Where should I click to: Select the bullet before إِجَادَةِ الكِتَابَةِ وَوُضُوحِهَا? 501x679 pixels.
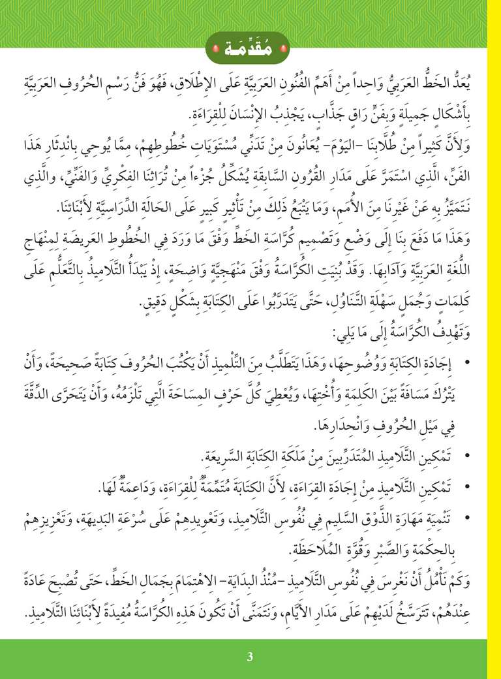click(x=472, y=358)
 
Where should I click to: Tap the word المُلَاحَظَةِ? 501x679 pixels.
click(x=260, y=546)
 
